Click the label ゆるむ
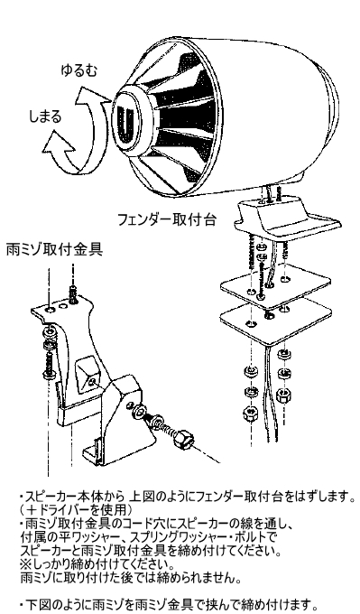[78, 70]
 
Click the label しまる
[45, 116]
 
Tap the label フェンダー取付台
[167, 219]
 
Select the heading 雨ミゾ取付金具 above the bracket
[54, 249]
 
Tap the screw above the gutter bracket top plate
[74, 293]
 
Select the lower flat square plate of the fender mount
[276, 323]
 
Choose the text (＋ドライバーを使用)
[76, 510]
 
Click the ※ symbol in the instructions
[24, 564]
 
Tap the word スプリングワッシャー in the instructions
[189, 535]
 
